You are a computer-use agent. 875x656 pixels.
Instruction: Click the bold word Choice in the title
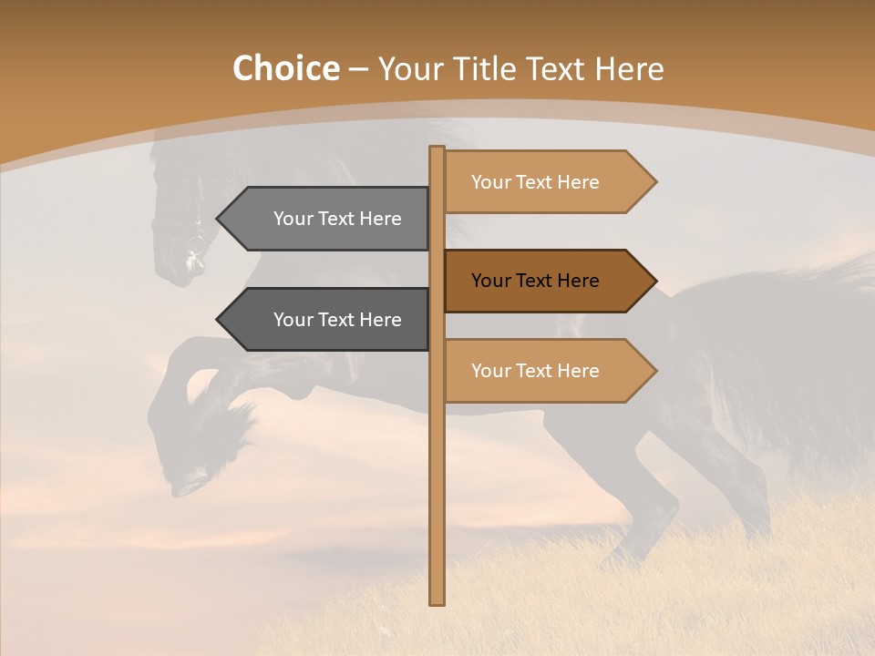click(285, 68)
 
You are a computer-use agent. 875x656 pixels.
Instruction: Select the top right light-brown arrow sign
click(547, 182)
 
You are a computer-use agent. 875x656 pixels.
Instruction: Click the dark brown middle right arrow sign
click(547, 281)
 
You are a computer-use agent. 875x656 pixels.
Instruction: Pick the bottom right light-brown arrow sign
click(547, 371)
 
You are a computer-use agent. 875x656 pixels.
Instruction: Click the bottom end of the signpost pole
click(437, 600)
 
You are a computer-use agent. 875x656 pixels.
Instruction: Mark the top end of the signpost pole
click(437, 149)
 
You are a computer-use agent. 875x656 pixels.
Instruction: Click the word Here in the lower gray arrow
click(379, 320)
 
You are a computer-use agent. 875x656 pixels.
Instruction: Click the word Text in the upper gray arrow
click(336, 219)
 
